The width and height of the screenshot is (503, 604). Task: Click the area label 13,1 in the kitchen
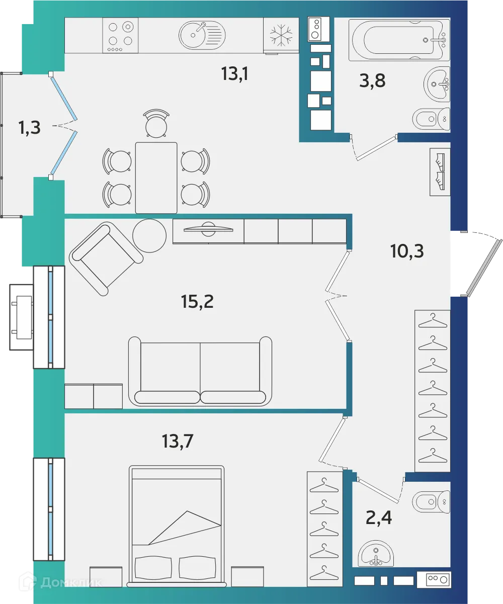click(235, 74)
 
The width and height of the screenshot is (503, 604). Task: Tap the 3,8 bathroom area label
click(372, 80)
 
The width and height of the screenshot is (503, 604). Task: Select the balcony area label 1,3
click(29, 128)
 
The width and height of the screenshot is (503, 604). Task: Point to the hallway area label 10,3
click(407, 250)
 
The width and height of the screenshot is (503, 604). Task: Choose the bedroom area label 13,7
click(178, 441)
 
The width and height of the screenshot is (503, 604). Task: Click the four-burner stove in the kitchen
click(120, 35)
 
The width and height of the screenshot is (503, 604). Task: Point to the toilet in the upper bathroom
click(432, 119)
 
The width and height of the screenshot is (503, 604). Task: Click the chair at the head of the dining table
click(156, 124)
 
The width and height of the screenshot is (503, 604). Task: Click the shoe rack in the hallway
click(440, 171)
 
